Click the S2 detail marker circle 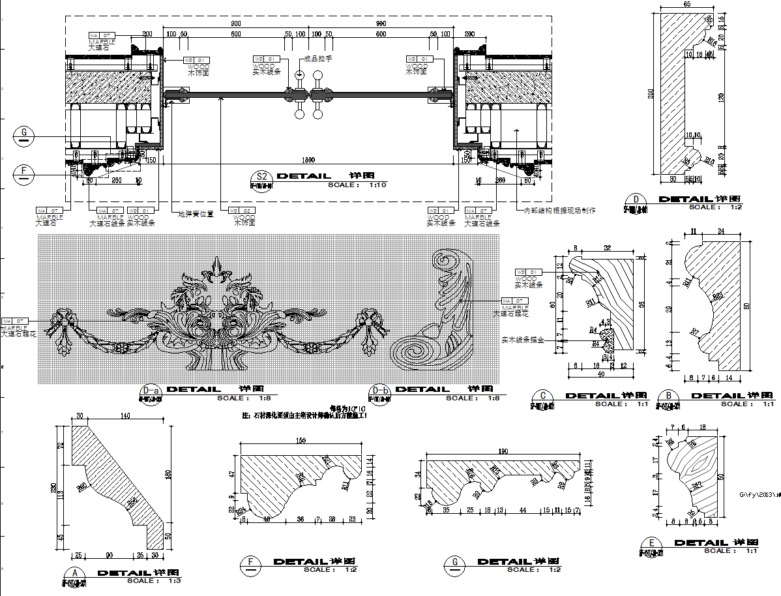pos(262,177)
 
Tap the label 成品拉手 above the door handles pos(319,59)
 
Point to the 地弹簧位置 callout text pos(196,213)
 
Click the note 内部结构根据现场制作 pos(559,211)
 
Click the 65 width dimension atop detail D pos(687,4)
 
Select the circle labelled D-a pos(150,393)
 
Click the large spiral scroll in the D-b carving pos(413,353)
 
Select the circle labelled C pos(542,396)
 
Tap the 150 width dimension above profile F pos(301,441)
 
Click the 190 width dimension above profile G pos(503,451)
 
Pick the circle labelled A pos(76,574)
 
